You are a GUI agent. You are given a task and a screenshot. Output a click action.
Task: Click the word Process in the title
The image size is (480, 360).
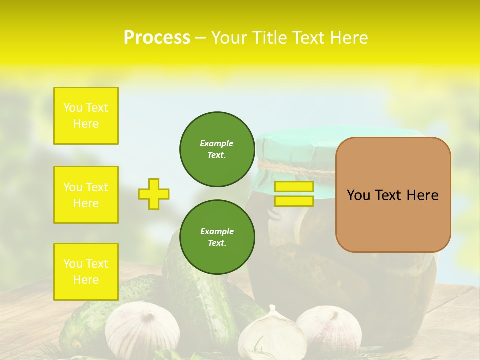tap(157, 37)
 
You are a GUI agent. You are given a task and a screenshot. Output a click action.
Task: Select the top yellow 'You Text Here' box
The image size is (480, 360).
tap(86, 116)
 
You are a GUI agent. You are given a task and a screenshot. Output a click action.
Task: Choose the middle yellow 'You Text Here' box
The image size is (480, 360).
tap(86, 195)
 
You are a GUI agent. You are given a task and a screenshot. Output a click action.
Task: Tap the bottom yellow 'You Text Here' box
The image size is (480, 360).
tap(86, 272)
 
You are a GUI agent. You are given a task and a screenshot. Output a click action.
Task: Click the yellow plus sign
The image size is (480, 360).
tap(153, 194)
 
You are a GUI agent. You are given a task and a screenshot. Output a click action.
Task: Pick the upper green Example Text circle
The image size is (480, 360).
tap(217, 149)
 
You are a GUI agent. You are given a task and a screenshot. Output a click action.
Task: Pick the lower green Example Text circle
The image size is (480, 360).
tap(217, 237)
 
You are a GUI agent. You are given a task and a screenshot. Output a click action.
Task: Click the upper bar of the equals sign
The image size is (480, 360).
tap(294, 186)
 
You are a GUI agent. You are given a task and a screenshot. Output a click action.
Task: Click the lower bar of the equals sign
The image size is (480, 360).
tap(294, 201)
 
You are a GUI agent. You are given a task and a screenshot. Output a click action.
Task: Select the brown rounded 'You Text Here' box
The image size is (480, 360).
tap(393, 195)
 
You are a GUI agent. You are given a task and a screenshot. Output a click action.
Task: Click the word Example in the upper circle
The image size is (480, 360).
tap(216, 143)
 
